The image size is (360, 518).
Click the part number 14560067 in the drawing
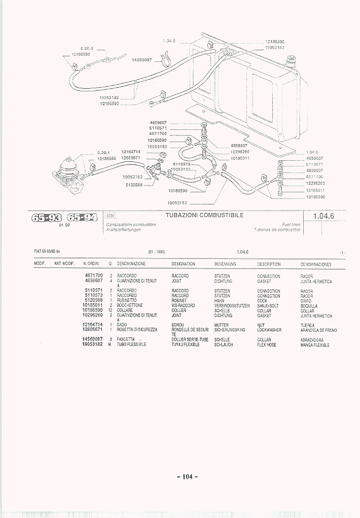pos(142,60)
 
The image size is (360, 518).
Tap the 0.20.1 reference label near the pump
pos(104,152)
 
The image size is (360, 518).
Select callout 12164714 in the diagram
pos(131,152)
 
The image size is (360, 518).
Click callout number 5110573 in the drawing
pos(181,164)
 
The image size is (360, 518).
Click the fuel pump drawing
pos(68,175)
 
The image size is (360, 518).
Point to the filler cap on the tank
pos(292,62)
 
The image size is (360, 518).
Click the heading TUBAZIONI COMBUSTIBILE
pos(205,215)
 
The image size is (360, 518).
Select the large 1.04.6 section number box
pos(323,216)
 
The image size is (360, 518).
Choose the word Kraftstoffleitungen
pos(123,229)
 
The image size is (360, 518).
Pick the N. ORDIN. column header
pos(91,264)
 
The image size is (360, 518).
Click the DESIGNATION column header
pos(183,264)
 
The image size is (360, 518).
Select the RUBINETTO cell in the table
pos(127,301)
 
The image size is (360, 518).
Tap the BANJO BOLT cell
pos(268,306)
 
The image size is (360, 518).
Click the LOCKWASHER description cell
pos(269,330)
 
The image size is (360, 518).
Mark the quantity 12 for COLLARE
pos(110,310)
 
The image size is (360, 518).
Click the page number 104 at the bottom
pos(187,476)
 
